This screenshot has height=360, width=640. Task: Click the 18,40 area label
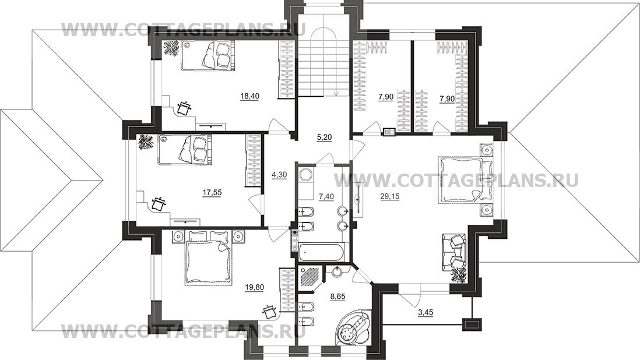click(x=250, y=96)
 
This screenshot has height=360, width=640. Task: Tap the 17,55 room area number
click(x=212, y=192)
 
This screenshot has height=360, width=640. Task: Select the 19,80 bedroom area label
click(x=254, y=287)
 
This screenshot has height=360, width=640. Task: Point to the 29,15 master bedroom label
click(x=390, y=196)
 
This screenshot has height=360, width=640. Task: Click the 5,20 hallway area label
click(x=324, y=137)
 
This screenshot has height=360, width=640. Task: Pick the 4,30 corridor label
click(x=279, y=175)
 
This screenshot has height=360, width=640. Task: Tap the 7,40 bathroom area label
click(x=326, y=196)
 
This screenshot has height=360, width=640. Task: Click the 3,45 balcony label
click(x=426, y=313)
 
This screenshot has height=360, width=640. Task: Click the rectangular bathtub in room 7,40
click(x=322, y=252)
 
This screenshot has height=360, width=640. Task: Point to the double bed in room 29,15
click(x=461, y=180)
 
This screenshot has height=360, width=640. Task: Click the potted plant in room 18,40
click(x=171, y=48)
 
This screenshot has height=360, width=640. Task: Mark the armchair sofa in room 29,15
click(x=454, y=249)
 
